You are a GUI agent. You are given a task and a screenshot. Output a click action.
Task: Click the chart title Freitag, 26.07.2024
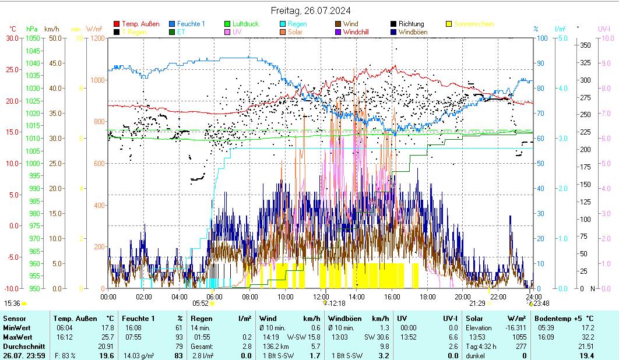coord(311,11)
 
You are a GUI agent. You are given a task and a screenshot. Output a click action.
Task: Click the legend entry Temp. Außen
coord(140,24)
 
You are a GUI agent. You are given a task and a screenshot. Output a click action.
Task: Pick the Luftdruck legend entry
coord(245,24)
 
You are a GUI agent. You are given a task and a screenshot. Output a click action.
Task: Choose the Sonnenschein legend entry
coord(474,24)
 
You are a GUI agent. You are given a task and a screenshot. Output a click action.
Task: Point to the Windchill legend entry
coord(360,32)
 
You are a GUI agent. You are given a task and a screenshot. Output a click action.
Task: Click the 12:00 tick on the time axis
coord(321,297)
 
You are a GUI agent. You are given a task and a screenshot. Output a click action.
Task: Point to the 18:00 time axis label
coord(427,297)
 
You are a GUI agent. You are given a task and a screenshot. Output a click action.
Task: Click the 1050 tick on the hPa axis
coord(33,38)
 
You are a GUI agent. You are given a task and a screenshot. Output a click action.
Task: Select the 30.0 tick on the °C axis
coord(12,38)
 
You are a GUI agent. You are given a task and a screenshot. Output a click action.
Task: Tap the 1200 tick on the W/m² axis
coord(97,38)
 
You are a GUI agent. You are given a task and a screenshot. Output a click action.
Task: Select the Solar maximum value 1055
coord(519,337)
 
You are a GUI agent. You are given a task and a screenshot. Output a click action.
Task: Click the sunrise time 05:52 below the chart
coord(201,303)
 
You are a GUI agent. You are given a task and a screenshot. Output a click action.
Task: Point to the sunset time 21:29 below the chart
coord(477,303)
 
